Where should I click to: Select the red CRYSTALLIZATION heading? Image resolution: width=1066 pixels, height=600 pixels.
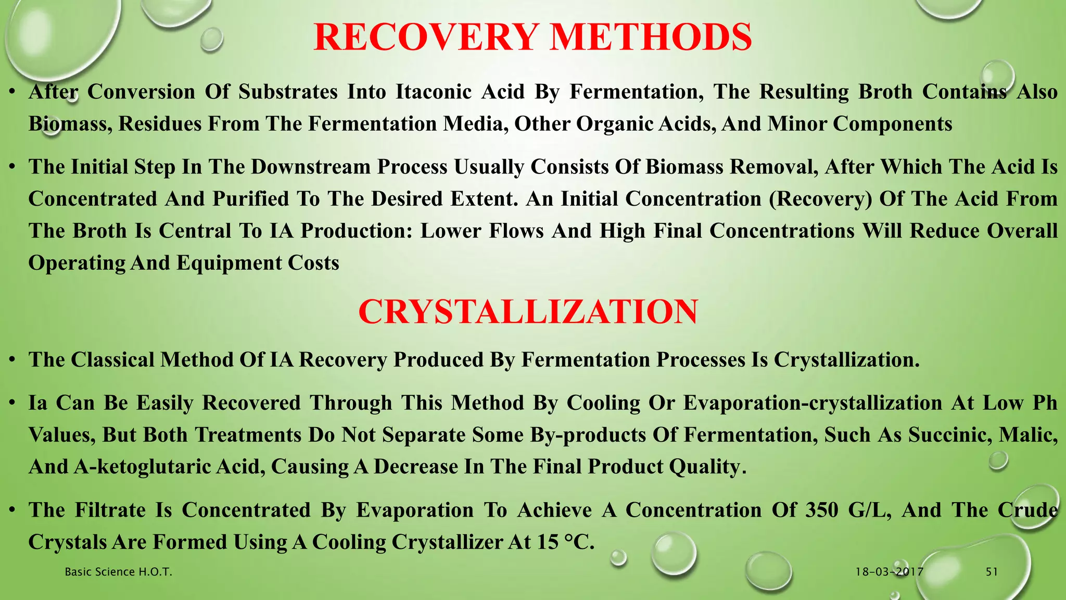tap(528, 312)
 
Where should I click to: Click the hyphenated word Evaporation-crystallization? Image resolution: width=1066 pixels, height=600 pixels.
tap(813, 403)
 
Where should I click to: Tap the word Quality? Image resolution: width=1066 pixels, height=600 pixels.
tap(707, 467)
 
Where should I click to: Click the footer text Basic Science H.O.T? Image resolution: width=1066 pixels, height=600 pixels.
tap(118, 572)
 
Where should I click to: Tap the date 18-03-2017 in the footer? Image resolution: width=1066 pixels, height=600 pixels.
tap(890, 572)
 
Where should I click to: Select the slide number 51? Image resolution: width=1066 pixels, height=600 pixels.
tap(992, 572)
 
